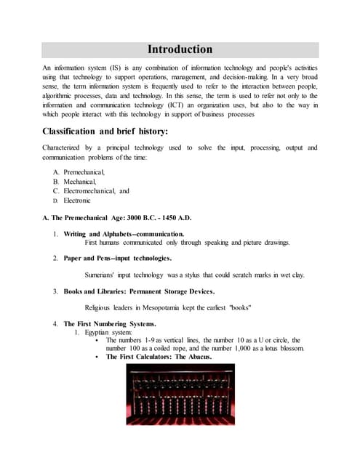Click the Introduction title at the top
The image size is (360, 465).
tap(180, 49)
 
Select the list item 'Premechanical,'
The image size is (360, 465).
tap(84, 171)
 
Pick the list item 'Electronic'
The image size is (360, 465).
tap(77, 200)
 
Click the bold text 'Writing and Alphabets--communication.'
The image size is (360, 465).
tap(124, 234)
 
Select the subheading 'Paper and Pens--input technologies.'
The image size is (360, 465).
tap(118, 258)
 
